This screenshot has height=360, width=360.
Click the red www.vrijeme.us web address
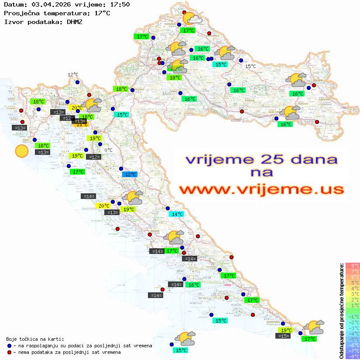click(x=261, y=189)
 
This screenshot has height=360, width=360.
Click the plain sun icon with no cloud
click(x=21, y=151)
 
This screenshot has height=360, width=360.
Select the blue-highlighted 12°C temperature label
click(x=130, y=175)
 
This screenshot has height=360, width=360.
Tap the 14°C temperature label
click(x=177, y=214)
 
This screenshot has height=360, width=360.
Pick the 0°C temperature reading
click(x=108, y=150)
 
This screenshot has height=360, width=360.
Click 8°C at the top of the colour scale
click(x=353, y=266)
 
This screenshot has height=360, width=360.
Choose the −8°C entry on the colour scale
click(x=353, y=357)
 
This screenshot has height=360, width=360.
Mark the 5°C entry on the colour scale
click(x=353, y=283)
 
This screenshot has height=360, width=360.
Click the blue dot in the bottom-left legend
click(x=10, y=346)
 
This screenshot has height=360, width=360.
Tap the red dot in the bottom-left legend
click(x=10, y=352)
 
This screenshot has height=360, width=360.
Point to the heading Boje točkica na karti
click(x=35, y=339)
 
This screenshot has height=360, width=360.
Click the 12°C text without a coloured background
click(x=73, y=75)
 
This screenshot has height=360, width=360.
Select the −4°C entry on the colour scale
click(x=353, y=334)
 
